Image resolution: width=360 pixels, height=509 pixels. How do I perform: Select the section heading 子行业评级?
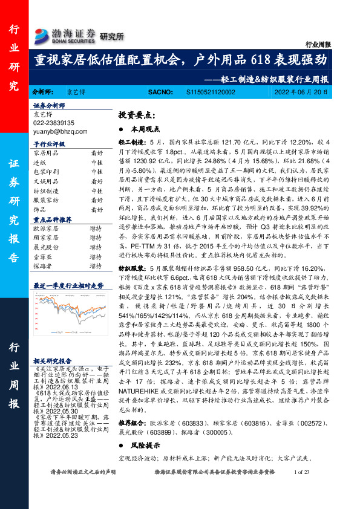click(49, 144)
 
